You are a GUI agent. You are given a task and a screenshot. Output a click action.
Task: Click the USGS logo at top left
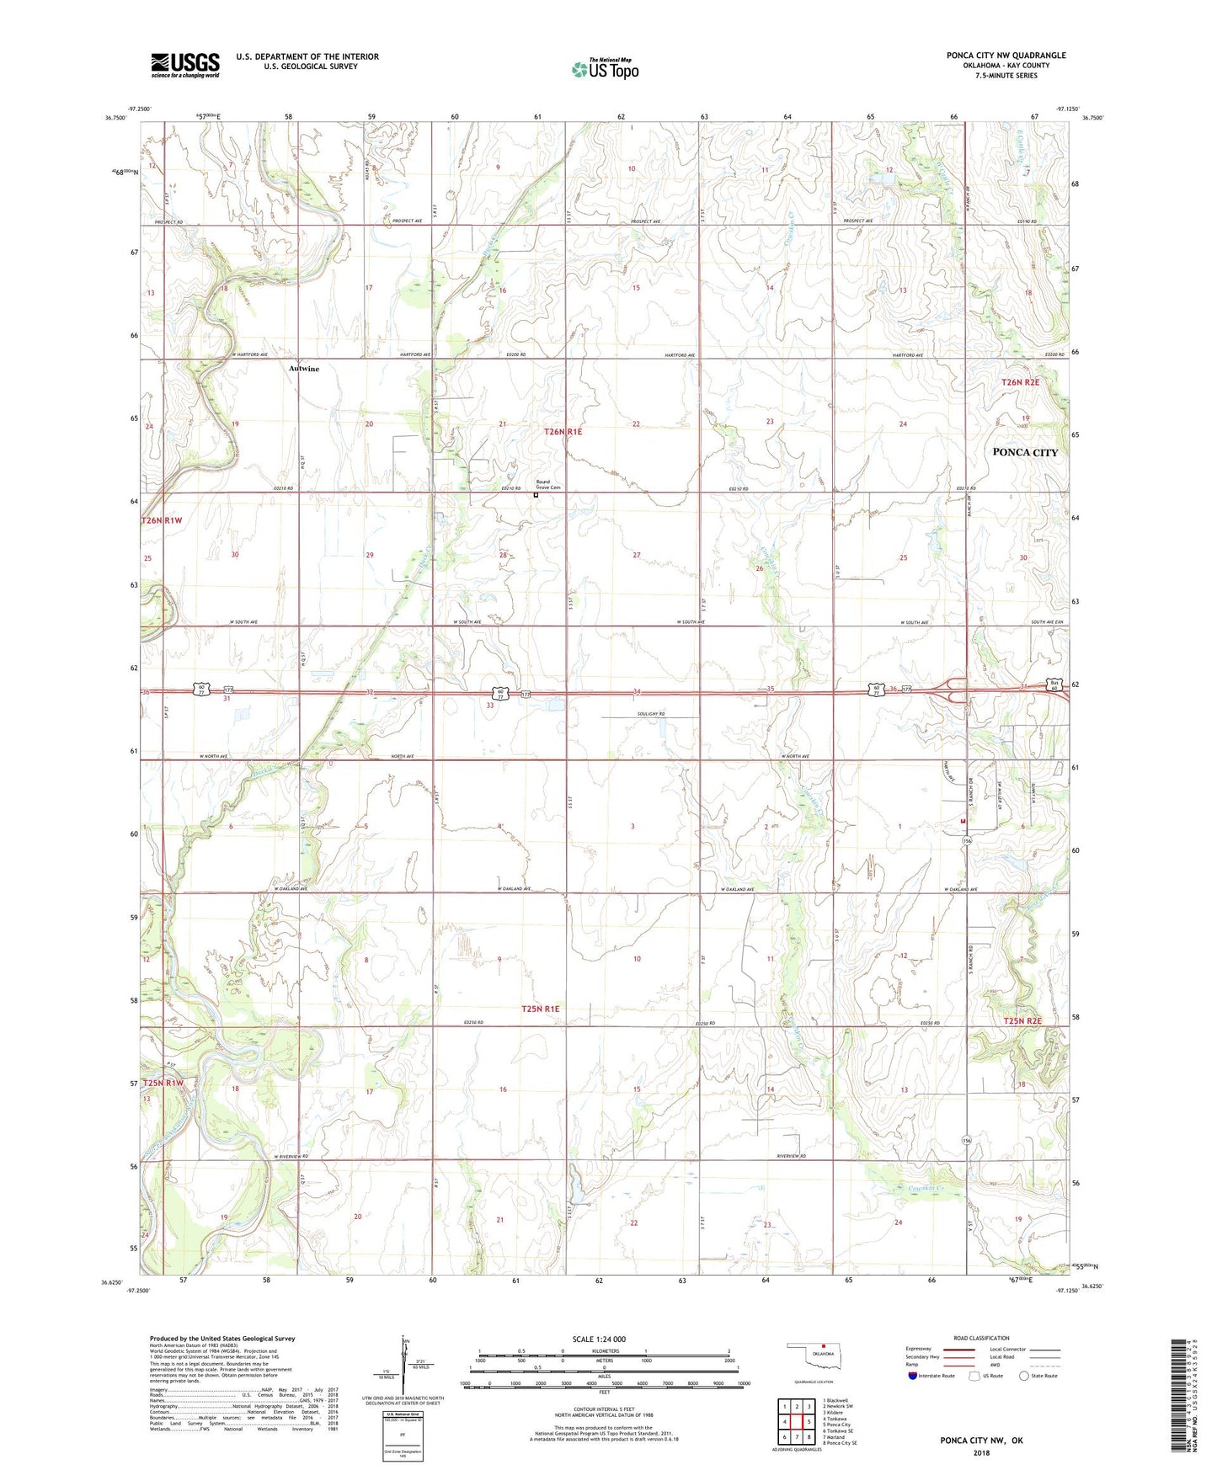tap(185, 64)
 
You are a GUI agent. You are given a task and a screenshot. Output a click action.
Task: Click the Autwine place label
tap(304, 369)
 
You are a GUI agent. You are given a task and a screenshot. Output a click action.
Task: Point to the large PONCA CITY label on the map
tap(1024, 452)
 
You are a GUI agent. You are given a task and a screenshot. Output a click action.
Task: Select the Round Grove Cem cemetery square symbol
tap(536, 495)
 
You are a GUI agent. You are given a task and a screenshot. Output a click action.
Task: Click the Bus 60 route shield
tap(1053, 684)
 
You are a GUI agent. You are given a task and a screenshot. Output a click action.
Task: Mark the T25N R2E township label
tap(1022, 1021)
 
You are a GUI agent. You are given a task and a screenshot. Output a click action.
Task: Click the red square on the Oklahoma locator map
tap(824, 1345)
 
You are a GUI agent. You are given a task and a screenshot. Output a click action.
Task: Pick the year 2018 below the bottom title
tap(980, 1452)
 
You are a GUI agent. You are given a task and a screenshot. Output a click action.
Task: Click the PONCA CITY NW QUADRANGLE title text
tap(1006, 56)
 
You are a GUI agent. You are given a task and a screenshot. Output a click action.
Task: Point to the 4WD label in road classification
tap(995, 1365)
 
